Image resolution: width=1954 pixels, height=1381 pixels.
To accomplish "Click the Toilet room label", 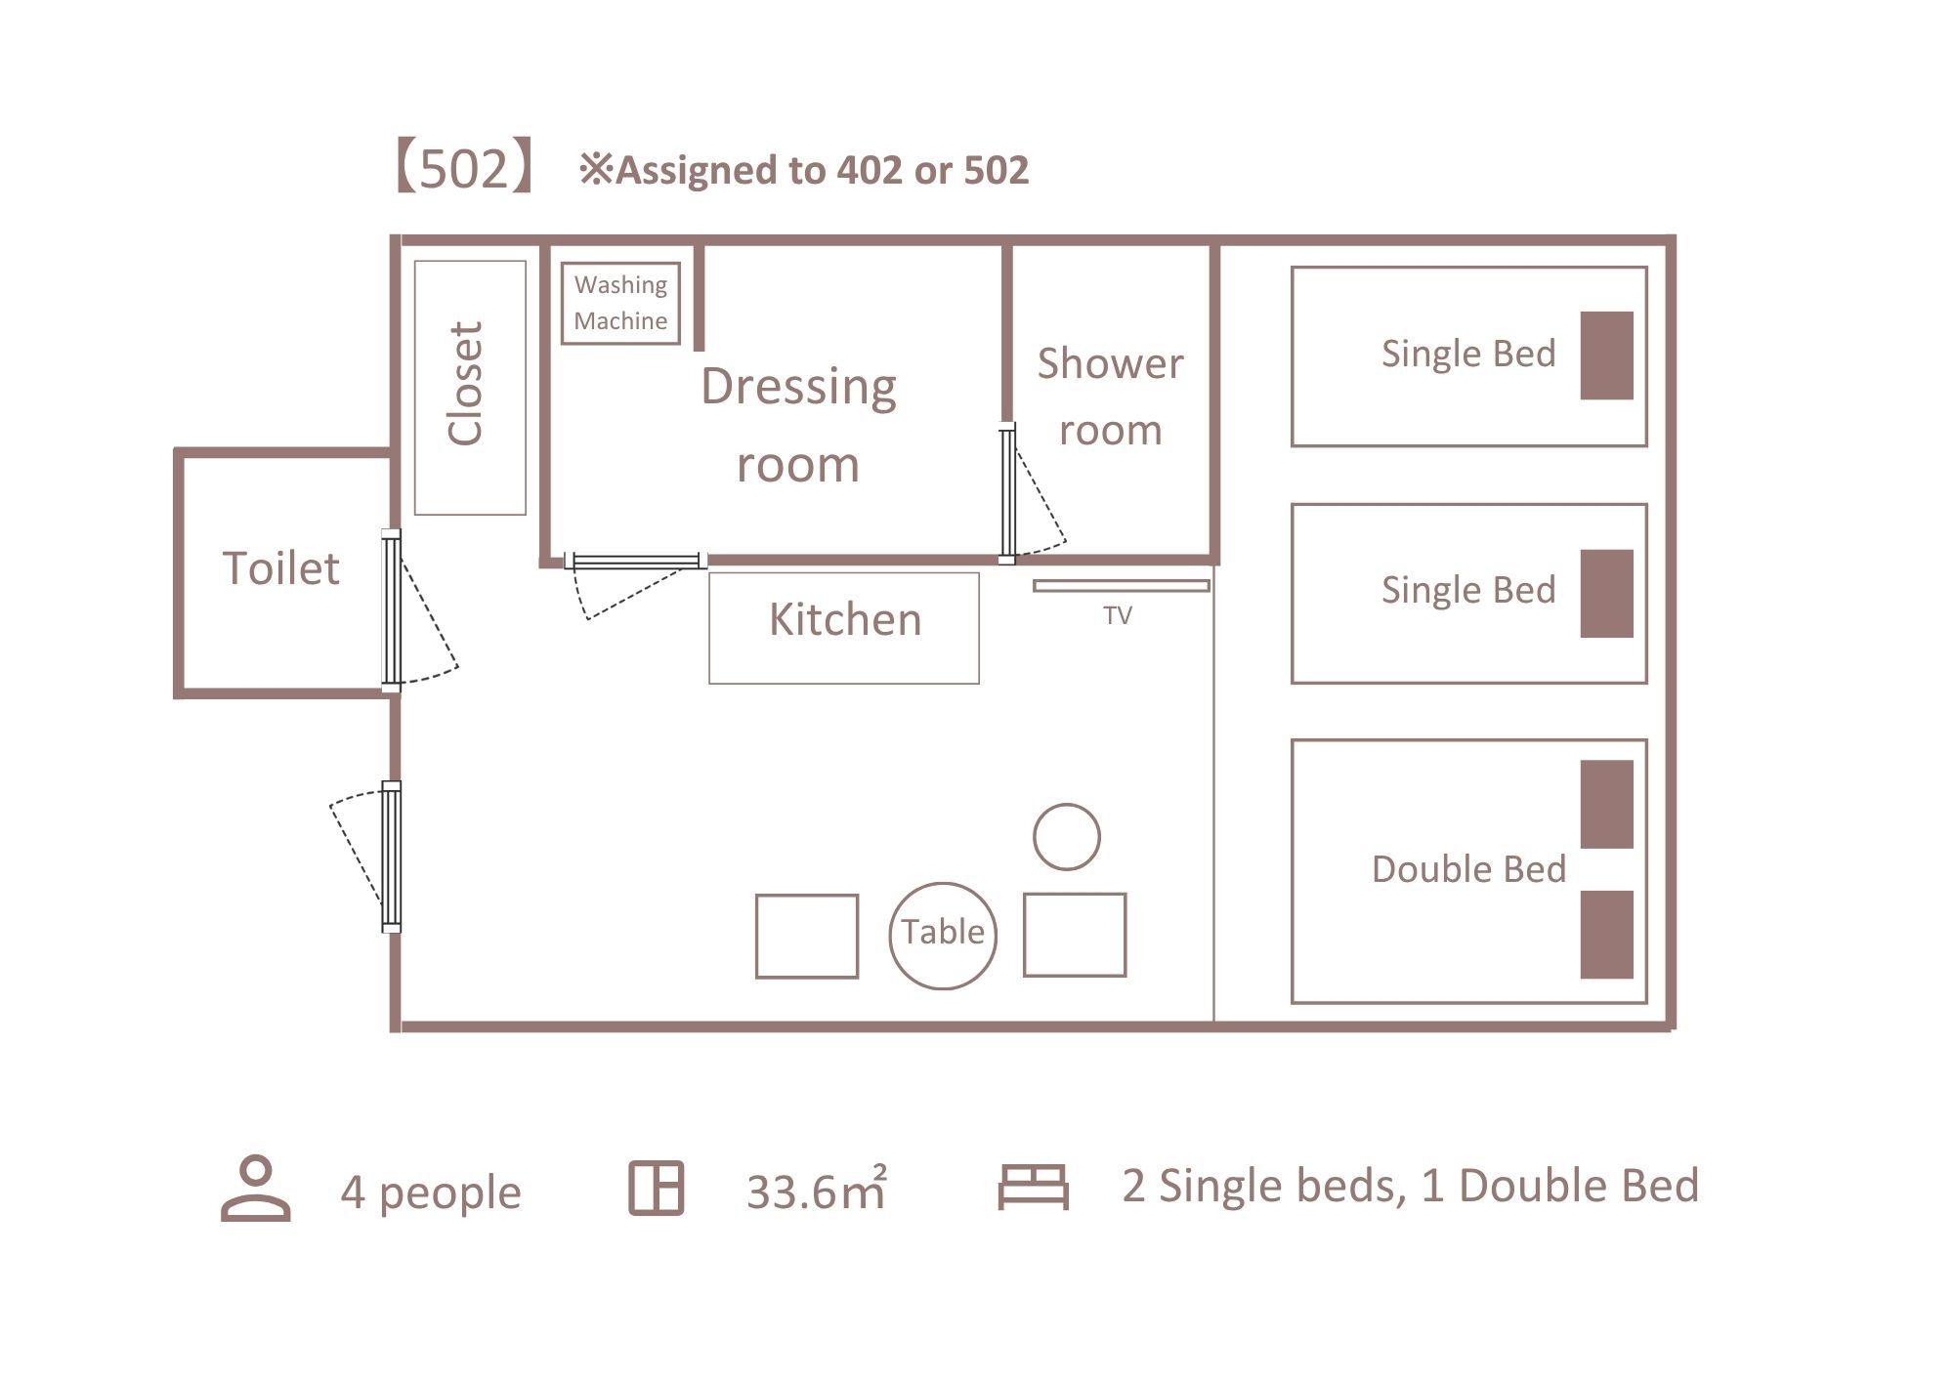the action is coord(281,567).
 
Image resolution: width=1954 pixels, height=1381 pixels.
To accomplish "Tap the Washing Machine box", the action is coord(620,303).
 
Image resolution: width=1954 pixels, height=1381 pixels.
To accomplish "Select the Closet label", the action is coord(466,384).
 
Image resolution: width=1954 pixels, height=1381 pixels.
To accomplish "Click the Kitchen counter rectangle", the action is coord(844,628).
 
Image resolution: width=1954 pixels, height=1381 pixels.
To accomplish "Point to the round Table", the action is coord(943,936).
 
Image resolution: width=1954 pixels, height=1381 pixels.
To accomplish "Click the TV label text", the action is coord(1118,615).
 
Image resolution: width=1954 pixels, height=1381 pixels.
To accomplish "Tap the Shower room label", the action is coord(1111,397).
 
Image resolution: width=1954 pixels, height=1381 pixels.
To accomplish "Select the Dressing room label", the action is coord(798,425).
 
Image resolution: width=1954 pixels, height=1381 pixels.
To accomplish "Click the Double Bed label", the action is coord(1468,869).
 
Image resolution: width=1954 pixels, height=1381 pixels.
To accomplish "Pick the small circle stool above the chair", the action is coord(1067,837).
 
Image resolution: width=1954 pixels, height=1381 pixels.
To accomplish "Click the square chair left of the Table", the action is coord(807,936).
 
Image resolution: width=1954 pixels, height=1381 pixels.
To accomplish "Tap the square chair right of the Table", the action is coord(1075,935).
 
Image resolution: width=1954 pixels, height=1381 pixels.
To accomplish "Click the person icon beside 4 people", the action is coord(256,1189).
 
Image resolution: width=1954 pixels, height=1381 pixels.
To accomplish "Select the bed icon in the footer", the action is coord(1033,1187).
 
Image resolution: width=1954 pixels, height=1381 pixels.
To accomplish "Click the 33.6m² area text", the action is coord(817,1190).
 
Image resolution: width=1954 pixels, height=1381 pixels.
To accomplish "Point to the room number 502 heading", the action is coord(464,169).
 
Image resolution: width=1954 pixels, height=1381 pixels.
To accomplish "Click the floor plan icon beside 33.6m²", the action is coord(656,1189).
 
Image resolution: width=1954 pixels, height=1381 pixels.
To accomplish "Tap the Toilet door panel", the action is coord(391,610).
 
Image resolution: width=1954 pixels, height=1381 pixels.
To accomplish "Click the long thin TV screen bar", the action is coord(1122,586).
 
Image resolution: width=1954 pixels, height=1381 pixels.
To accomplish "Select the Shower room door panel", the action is coord(1007,493).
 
